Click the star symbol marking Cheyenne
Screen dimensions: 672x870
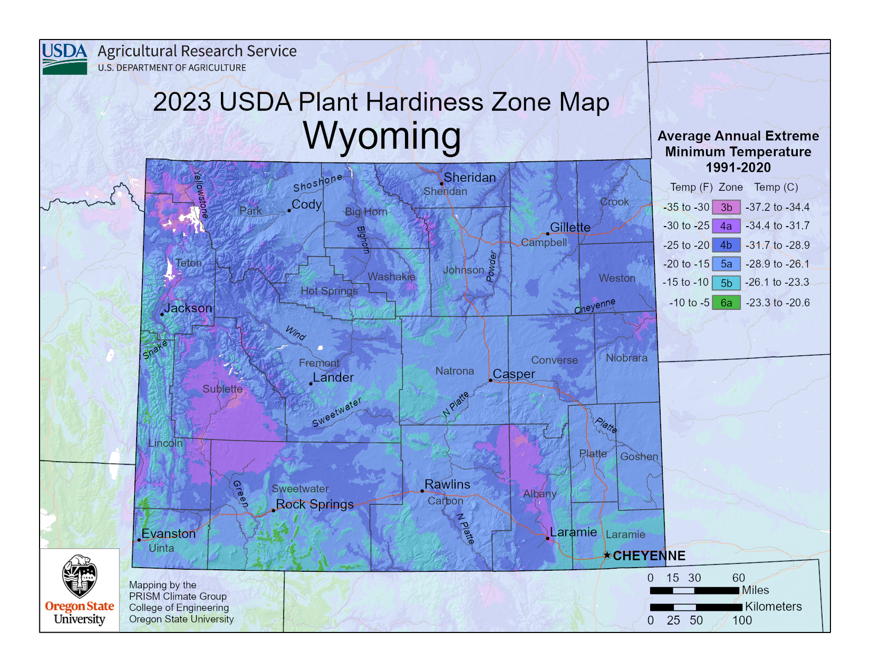pyautogui.click(x=607, y=555)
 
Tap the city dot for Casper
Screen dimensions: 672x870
pyautogui.click(x=490, y=380)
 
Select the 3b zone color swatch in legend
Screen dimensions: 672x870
pyautogui.click(x=726, y=207)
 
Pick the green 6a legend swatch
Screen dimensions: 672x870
pyautogui.click(x=726, y=303)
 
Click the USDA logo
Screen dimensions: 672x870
pyautogui.click(x=64, y=59)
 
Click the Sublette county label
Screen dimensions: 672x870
pyautogui.click(x=223, y=389)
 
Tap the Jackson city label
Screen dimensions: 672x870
pyautogui.click(x=188, y=308)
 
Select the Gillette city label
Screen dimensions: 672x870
pyautogui.click(x=570, y=227)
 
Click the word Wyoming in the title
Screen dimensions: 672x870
pyautogui.click(x=382, y=135)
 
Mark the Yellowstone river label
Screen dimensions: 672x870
pyautogui.click(x=200, y=193)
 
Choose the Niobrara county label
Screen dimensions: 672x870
pyautogui.click(x=626, y=358)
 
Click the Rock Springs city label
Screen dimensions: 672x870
pyautogui.click(x=315, y=504)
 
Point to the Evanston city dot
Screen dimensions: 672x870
pyautogui.click(x=139, y=540)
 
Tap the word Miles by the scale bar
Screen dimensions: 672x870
pyautogui.click(x=755, y=590)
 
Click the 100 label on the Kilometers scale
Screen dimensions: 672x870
pyautogui.click(x=742, y=620)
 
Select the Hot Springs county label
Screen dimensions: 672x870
pyautogui.click(x=329, y=291)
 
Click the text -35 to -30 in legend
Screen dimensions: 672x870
pyautogui.click(x=686, y=207)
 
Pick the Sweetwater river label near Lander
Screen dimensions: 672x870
pyautogui.click(x=336, y=412)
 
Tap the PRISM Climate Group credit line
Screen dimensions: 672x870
pyautogui.click(x=178, y=596)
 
